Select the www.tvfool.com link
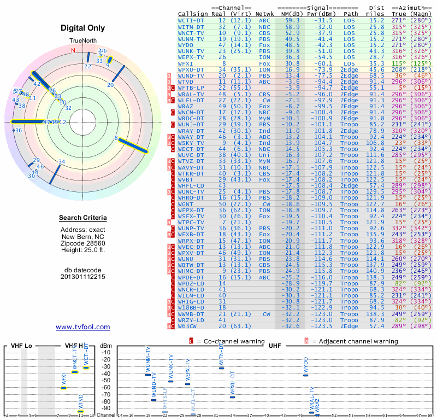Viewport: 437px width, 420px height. point(83,327)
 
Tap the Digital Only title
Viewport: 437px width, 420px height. point(83,28)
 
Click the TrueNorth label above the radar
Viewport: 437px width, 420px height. point(83,41)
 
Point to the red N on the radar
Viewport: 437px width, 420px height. point(73,50)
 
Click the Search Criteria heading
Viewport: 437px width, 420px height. point(83,218)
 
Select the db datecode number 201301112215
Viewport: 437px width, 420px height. point(83,277)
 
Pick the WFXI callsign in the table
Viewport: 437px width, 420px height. point(187,63)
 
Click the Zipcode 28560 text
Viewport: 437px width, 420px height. point(83,243)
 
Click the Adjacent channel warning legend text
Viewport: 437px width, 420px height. point(355,341)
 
